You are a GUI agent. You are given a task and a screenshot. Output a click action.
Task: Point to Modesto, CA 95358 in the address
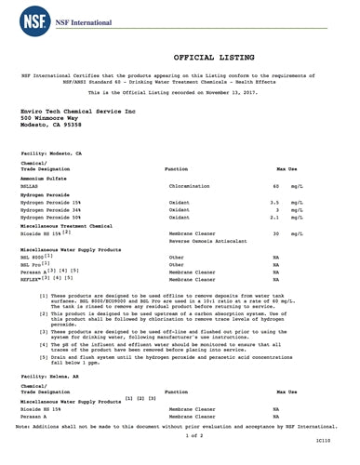51,127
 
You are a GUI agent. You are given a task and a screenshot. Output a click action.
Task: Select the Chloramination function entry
190,187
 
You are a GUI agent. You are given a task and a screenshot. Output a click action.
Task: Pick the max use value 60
275,187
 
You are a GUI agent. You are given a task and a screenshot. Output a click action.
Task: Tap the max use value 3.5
274,202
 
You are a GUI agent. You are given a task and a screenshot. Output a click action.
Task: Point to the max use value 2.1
274,219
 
